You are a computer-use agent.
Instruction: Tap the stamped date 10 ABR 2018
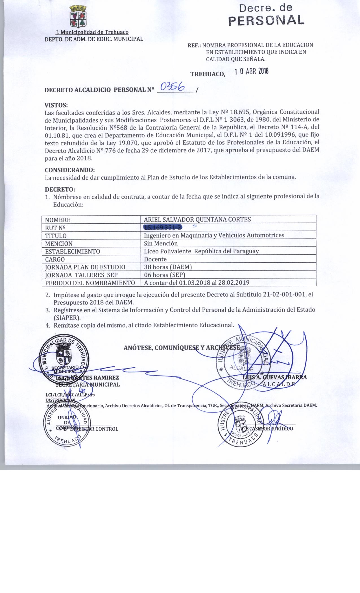(x=252, y=72)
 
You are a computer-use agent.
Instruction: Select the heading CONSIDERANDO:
(x=70, y=170)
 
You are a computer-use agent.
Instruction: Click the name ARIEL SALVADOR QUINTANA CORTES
(x=197, y=219)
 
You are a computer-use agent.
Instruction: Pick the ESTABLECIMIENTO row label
(x=73, y=251)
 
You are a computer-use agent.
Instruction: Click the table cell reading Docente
(x=155, y=259)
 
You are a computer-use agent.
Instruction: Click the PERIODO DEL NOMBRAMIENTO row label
(x=90, y=283)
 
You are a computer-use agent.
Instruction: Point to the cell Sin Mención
(x=161, y=243)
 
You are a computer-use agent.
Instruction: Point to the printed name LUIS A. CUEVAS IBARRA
(x=274, y=377)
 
